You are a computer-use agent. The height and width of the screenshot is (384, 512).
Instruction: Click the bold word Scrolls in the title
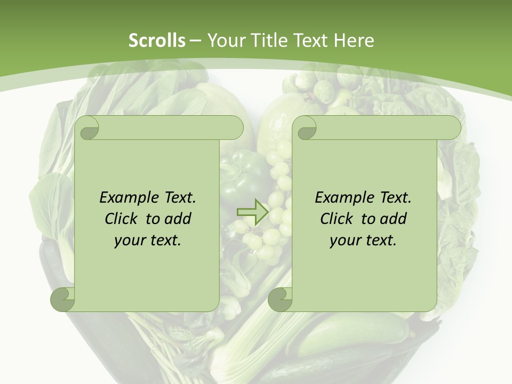(x=157, y=41)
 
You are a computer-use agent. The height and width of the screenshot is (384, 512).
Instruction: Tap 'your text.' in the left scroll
(x=148, y=241)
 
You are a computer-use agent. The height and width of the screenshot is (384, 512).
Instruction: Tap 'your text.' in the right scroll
(x=363, y=241)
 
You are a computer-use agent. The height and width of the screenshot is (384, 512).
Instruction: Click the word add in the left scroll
(x=178, y=219)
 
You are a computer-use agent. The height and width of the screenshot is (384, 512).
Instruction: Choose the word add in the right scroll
(x=393, y=219)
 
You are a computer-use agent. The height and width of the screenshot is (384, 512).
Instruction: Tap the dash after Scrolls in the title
(x=195, y=41)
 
